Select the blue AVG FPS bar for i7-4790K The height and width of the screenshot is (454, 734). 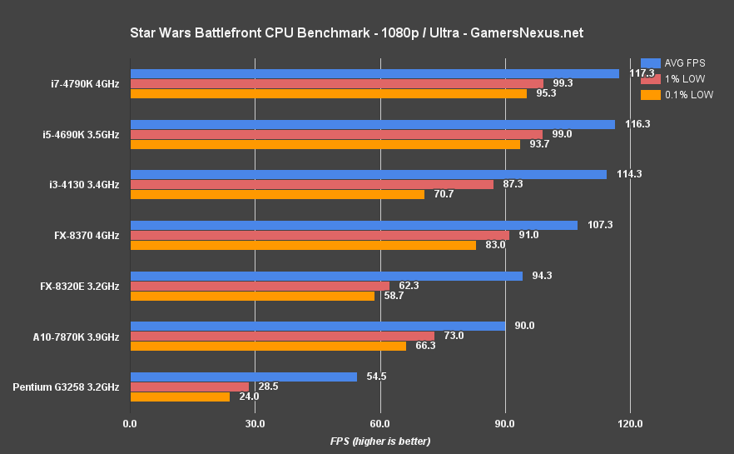tap(374, 73)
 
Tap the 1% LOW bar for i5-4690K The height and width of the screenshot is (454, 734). tap(336, 134)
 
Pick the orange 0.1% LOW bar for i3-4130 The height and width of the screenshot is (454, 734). tap(277, 194)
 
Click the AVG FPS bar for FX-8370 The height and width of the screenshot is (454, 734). tap(354, 225)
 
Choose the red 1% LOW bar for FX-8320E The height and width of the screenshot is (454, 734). tap(260, 286)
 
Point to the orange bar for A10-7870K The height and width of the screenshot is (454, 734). tap(268, 346)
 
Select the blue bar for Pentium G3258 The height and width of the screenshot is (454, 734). tap(244, 377)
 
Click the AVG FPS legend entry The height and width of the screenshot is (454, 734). tap(674, 62)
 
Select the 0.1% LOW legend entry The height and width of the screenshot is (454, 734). tap(677, 95)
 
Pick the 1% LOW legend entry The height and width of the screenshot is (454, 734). tap(673, 79)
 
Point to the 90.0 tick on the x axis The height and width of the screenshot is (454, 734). tap(505, 424)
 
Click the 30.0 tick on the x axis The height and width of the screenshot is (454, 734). tap(255, 424)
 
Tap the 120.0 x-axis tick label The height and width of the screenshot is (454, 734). tap(630, 424)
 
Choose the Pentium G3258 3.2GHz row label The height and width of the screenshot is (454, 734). tap(67, 387)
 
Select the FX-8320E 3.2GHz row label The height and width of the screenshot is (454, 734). tap(79, 286)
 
